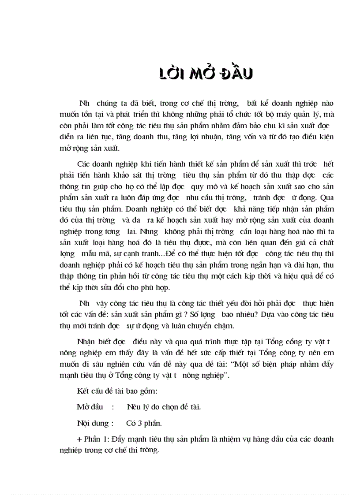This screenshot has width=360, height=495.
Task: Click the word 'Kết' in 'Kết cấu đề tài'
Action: tap(82, 391)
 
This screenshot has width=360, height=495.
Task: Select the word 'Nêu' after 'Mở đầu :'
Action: tap(133, 407)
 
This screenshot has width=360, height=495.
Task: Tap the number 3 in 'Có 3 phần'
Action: tap(139, 424)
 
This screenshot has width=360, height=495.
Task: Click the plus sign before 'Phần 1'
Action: tap(79, 439)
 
